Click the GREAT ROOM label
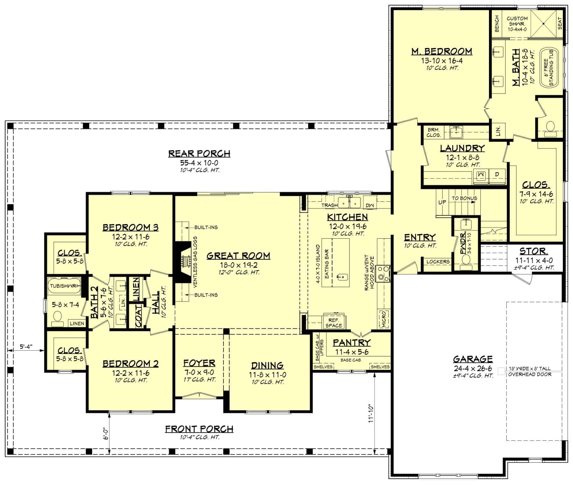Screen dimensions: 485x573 click(x=238, y=256)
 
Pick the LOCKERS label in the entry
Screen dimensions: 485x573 click(x=438, y=262)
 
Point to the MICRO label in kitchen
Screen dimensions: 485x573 click(x=384, y=319)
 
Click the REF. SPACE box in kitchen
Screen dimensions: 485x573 click(x=334, y=323)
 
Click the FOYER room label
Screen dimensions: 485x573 click(x=199, y=363)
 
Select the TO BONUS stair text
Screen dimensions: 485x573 click(x=464, y=198)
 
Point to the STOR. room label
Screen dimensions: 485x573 click(x=533, y=251)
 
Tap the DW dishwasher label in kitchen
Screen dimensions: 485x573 click(x=370, y=206)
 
